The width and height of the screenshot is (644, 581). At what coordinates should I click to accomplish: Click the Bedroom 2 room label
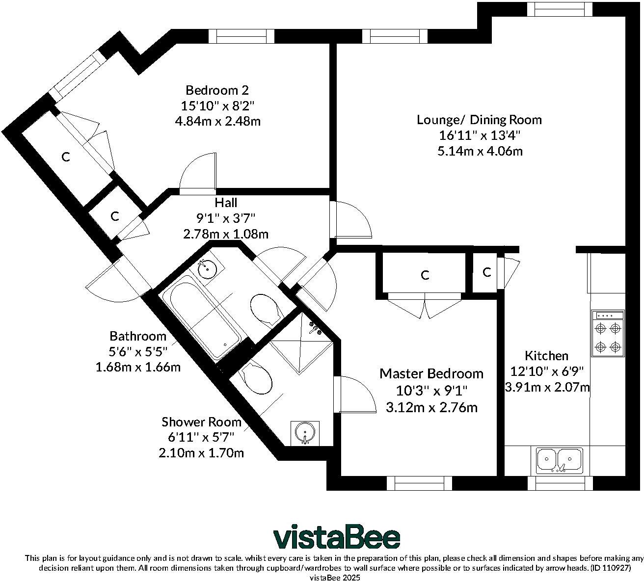click(x=217, y=90)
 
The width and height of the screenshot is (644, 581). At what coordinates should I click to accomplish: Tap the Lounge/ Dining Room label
click(x=479, y=120)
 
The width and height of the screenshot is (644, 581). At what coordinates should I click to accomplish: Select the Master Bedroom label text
click(x=431, y=373)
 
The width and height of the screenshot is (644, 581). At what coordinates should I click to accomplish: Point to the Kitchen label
click(x=546, y=356)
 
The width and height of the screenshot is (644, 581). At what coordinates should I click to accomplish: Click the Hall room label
click(x=226, y=203)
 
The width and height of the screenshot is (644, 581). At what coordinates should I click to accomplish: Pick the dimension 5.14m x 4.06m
click(x=480, y=151)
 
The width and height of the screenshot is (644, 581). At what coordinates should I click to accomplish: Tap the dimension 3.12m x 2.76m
click(x=431, y=408)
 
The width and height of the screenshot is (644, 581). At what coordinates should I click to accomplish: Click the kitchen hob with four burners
click(x=608, y=333)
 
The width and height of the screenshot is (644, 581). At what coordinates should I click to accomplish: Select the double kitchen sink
click(x=560, y=461)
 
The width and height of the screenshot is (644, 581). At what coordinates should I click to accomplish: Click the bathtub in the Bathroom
click(x=201, y=321)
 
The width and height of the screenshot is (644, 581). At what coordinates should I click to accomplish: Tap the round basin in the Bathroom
click(x=207, y=269)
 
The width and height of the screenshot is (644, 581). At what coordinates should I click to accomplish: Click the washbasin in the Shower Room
click(x=305, y=433)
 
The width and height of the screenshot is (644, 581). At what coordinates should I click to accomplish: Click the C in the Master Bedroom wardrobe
click(x=425, y=275)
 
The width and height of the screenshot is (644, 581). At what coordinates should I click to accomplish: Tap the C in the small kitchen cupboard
click(x=487, y=272)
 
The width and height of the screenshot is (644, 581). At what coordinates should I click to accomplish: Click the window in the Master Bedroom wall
click(x=419, y=483)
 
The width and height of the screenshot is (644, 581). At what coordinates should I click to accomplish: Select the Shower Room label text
click(x=201, y=422)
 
